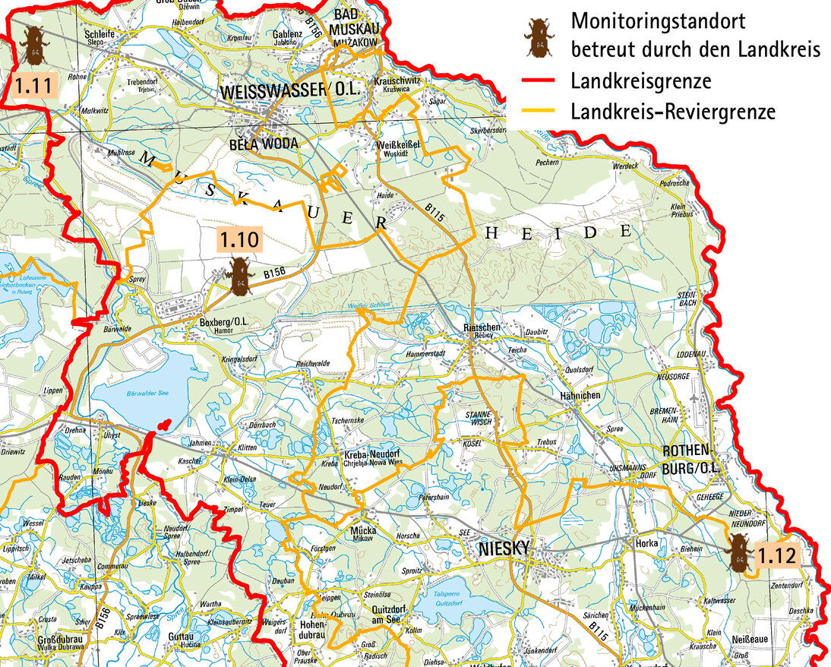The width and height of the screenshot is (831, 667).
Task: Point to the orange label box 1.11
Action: click(34, 85)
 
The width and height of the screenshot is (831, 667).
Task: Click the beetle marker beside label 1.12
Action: click(738, 552)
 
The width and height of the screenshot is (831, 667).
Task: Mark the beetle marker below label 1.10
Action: click(240, 276)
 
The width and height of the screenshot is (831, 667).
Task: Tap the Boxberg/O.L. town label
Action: click(220, 321)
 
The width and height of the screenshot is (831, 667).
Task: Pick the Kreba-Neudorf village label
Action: click(371, 454)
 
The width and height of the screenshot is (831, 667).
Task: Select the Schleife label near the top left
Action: click(100, 34)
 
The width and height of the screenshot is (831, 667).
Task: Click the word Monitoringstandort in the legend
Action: click(658, 20)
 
